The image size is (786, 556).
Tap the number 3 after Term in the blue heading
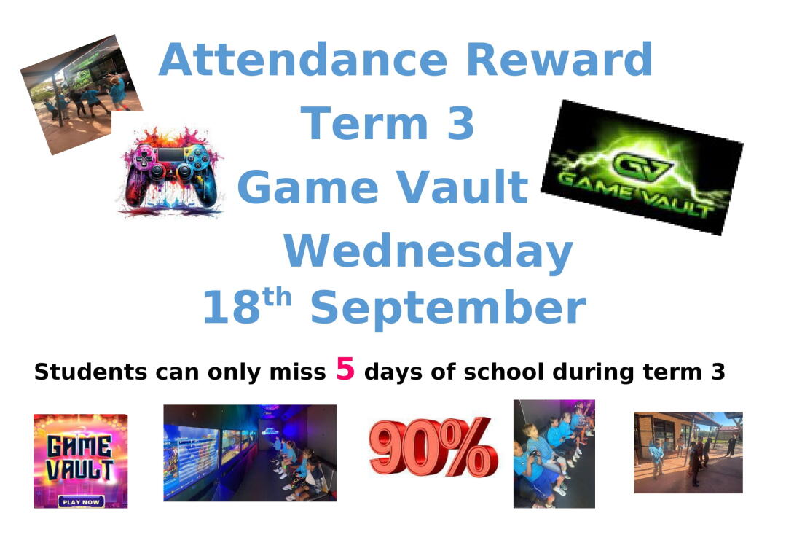[x=460, y=123]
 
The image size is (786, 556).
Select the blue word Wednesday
[x=428, y=252]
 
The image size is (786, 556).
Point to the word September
[x=448, y=308]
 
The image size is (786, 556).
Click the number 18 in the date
[x=232, y=307]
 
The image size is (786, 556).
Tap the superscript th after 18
[x=277, y=297]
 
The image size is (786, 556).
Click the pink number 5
[x=345, y=369]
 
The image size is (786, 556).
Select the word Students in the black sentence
[x=91, y=372]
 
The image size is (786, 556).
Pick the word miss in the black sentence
[x=297, y=372]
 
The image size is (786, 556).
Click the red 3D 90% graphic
[x=433, y=447]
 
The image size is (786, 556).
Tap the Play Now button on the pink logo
[x=81, y=501]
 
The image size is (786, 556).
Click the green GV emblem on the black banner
[x=642, y=166]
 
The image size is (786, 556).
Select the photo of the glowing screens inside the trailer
[x=250, y=453]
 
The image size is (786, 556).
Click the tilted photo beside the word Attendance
[x=81, y=94]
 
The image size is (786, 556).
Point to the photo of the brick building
[x=688, y=453]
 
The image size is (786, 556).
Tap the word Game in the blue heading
[x=308, y=187]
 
